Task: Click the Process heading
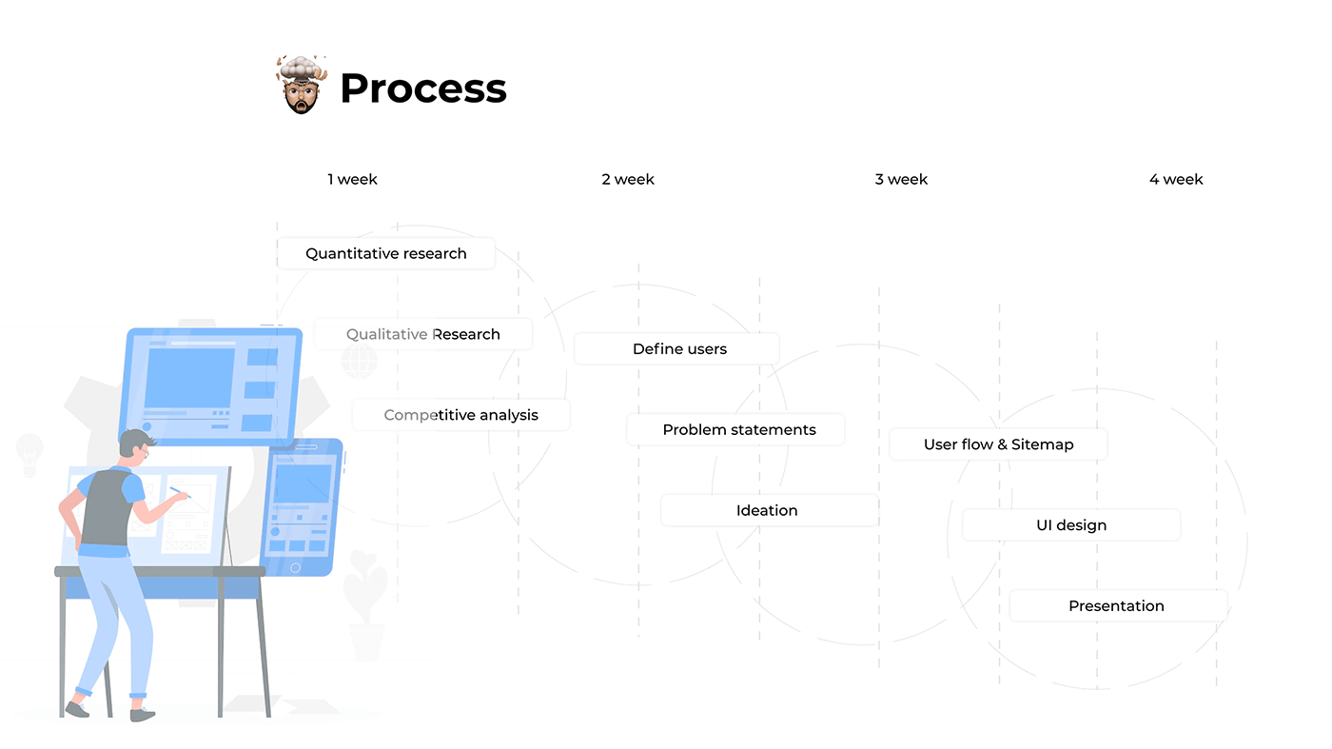coord(422,89)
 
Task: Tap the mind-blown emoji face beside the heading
coord(302,85)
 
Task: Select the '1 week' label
coord(352,179)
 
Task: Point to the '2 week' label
coord(628,179)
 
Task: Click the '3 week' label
coord(901,179)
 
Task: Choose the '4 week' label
coord(1176,179)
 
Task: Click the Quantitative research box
coord(386,254)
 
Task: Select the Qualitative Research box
coord(423,334)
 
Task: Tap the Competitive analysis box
coord(461,415)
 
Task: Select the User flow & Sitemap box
coord(998,444)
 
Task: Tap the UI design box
coord(1071,525)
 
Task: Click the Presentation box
coord(1116,606)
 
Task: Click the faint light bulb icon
coord(29,451)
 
